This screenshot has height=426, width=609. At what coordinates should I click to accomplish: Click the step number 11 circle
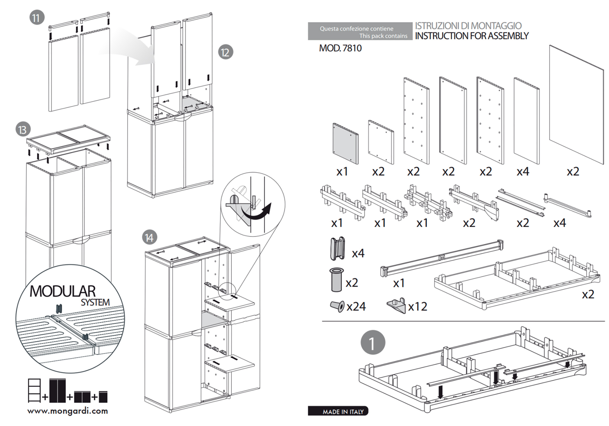pos(37,18)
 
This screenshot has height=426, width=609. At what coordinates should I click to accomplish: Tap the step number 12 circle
pos(226,52)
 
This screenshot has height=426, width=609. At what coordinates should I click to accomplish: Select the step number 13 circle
pos(23,130)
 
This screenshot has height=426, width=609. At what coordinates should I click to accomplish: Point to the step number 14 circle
pos(149,237)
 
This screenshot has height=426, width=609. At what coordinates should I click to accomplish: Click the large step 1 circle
pos(373,342)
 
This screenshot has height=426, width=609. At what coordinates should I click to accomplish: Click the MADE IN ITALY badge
pos(338,411)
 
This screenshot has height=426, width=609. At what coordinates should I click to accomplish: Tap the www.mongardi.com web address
pos(68,411)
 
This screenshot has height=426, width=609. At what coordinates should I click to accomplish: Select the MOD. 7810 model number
pos(340,48)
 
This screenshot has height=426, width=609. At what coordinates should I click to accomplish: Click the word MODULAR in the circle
pos(62,291)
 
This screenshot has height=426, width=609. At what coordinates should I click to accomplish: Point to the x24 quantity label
pos(356,307)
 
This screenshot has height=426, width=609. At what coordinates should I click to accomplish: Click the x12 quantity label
pos(418,307)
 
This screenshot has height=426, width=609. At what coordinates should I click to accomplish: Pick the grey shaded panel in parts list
pos(345,144)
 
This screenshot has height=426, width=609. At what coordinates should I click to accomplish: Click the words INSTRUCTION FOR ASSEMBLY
pos(472,36)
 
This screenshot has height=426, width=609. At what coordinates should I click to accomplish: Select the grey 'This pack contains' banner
pos(360,31)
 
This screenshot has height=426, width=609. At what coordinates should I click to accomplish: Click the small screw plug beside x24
pos(337,306)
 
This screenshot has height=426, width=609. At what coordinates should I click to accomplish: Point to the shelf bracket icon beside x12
pos(397,306)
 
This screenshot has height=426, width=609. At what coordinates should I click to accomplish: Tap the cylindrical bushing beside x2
pos(337,280)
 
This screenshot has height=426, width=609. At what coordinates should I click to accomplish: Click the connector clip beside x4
pos(337,249)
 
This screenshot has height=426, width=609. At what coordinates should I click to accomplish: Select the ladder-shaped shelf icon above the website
pos(34,390)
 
